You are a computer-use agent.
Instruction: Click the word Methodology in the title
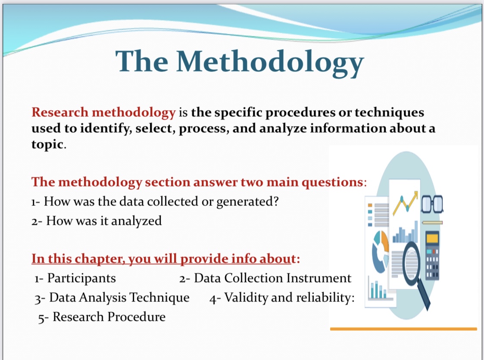[270, 62]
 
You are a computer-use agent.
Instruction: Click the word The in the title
[142, 61]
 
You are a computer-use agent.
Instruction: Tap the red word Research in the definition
[60, 112]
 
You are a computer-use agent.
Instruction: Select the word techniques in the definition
[389, 112]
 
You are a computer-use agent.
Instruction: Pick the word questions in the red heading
[332, 182]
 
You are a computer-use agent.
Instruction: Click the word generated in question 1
[244, 202]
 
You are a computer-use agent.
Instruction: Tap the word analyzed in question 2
[136, 221]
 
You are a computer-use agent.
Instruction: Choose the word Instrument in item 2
[319, 278]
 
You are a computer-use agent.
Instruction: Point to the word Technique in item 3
[159, 298]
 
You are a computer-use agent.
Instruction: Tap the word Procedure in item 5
[137, 317]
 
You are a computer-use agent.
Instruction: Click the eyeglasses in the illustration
[432, 204]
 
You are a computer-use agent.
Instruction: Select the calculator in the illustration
[432, 255]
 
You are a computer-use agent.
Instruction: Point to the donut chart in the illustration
[381, 251]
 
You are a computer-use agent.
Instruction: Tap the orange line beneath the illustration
[403, 329]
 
